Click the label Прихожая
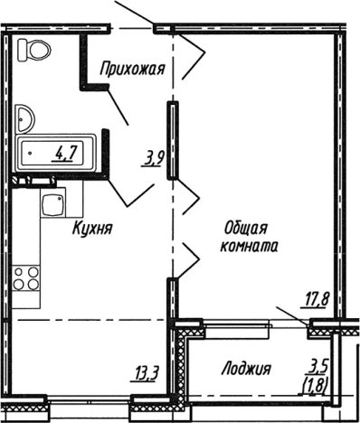point(133,65)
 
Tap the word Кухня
point(92,230)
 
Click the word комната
point(247,245)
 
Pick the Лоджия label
point(246,369)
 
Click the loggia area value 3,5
point(316,367)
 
